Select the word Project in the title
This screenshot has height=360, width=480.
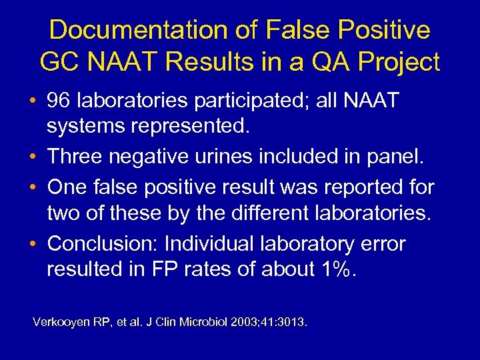point(399,62)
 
